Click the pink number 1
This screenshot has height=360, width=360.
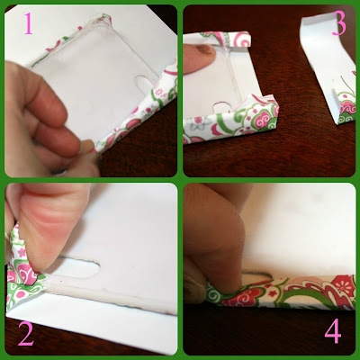click(x=28, y=23)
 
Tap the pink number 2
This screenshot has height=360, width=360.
click(x=26, y=334)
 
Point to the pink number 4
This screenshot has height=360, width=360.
click(x=333, y=330)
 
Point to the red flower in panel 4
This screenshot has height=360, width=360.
click(x=343, y=283)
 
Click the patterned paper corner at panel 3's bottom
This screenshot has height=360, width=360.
click(x=231, y=120)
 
